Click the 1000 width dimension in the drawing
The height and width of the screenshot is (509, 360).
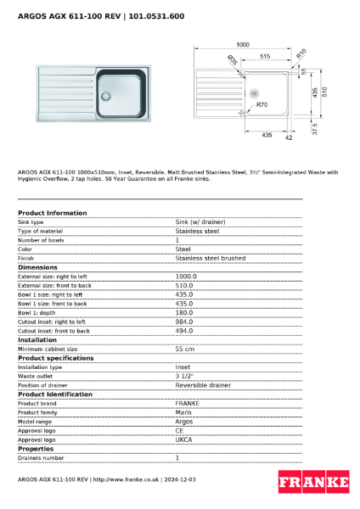pyautogui.click(x=243, y=44)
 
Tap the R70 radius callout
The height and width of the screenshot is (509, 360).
pyautogui.click(x=262, y=104)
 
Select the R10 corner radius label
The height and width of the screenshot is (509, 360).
pyautogui.click(x=301, y=53)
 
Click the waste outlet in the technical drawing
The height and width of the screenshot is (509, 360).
pyautogui.click(x=253, y=93)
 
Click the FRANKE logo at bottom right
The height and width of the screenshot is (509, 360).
pyautogui.click(x=313, y=483)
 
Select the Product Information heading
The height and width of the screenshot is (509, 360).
pyautogui.click(x=52, y=213)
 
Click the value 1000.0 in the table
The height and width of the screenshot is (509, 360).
pyautogui.click(x=185, y=276)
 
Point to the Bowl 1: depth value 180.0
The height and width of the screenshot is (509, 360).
pyautogui.click(x=185, y=312)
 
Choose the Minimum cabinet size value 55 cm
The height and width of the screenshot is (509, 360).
pyautogui.click(x=185, y=349)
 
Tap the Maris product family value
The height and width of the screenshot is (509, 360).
pyautogui.click(x=183, y=412)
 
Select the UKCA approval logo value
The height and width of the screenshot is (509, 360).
pyautogui.click(x=184, y=439)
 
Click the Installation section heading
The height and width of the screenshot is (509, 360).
pyautogui.click(x=37, y=339)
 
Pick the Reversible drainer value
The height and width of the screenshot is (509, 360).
pyautogui.click(x=203, y=385)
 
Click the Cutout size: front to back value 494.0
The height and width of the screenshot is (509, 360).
pyautogui.click(x=184, y=331)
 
